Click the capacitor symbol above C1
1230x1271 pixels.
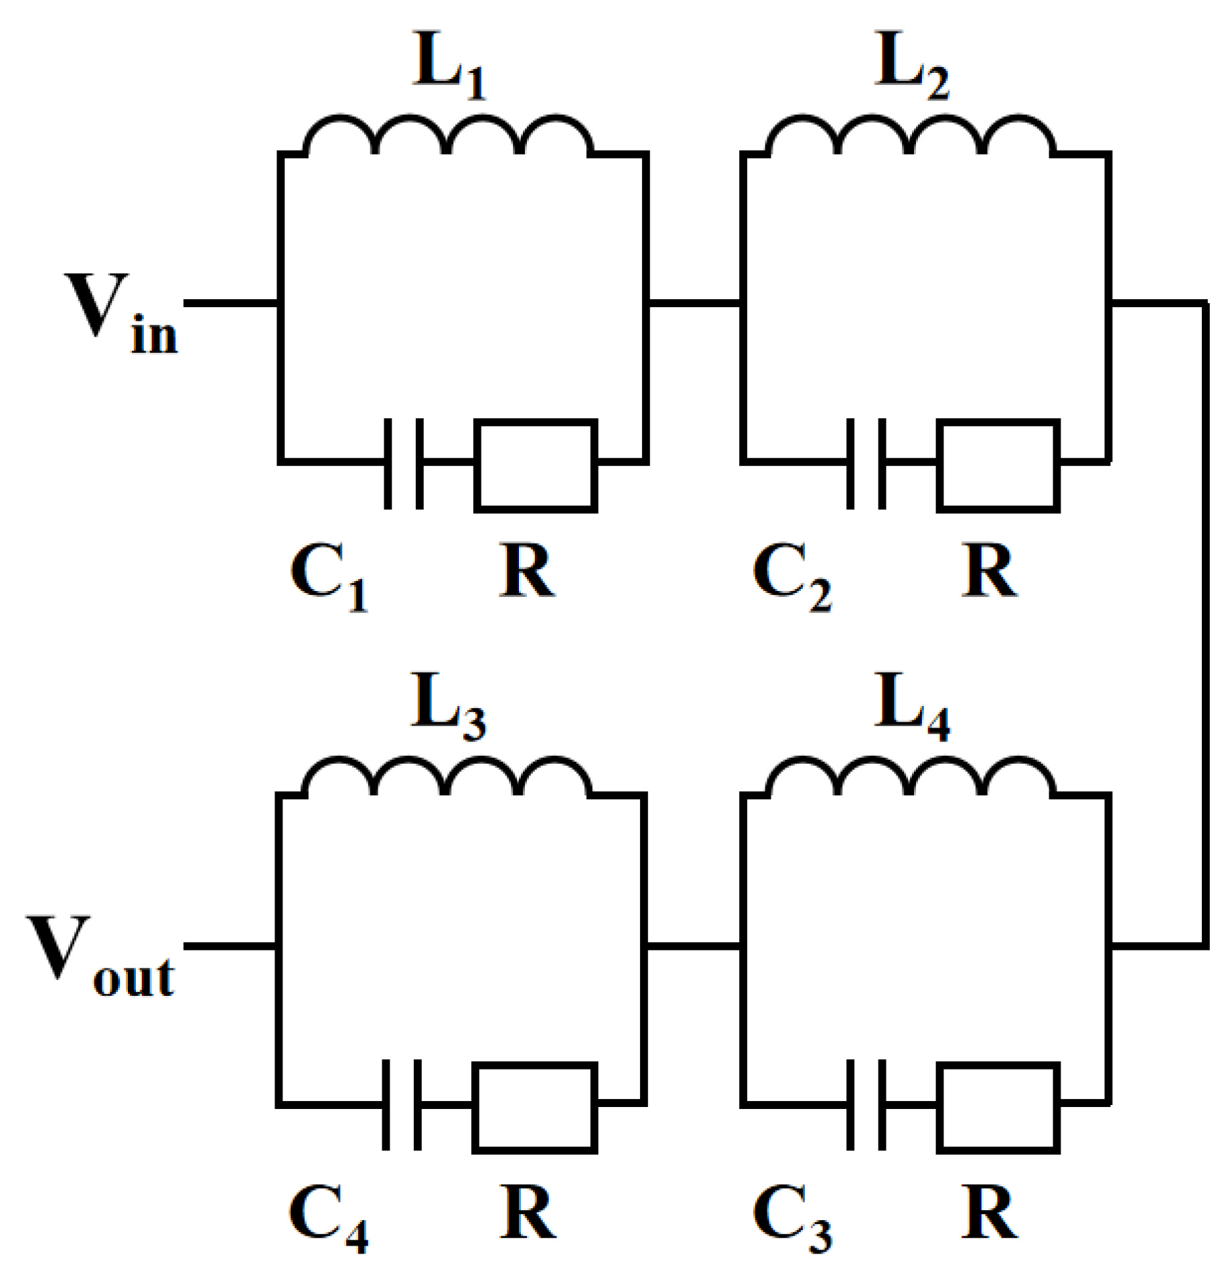click(404, 463)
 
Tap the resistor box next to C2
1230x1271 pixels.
click(998, 466)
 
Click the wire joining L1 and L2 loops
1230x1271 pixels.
click(694, 304)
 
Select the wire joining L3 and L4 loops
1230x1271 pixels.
click(692, 946)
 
